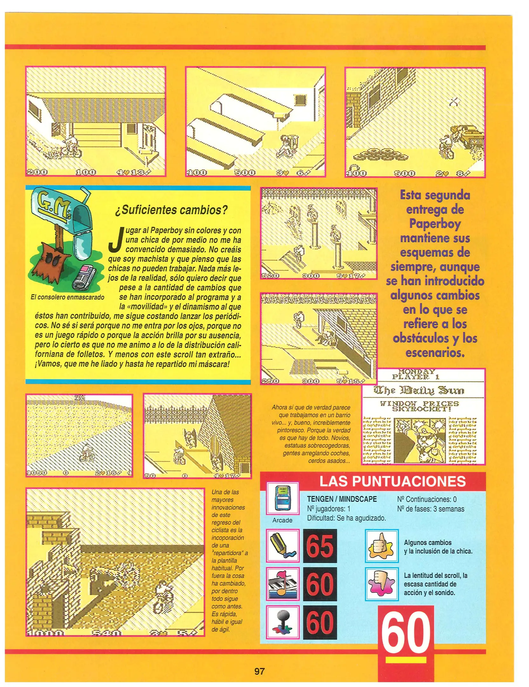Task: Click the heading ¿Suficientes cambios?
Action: pos(171,210)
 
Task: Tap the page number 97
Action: pos(259,671)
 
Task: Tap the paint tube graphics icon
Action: pos(282,546)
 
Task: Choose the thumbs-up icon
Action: pos(381,546)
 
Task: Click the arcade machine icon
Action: pos(282,498)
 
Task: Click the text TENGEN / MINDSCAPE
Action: pos(342,499)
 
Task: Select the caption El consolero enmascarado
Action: pos(67,297)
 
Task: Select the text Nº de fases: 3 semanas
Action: pos(430,509)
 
